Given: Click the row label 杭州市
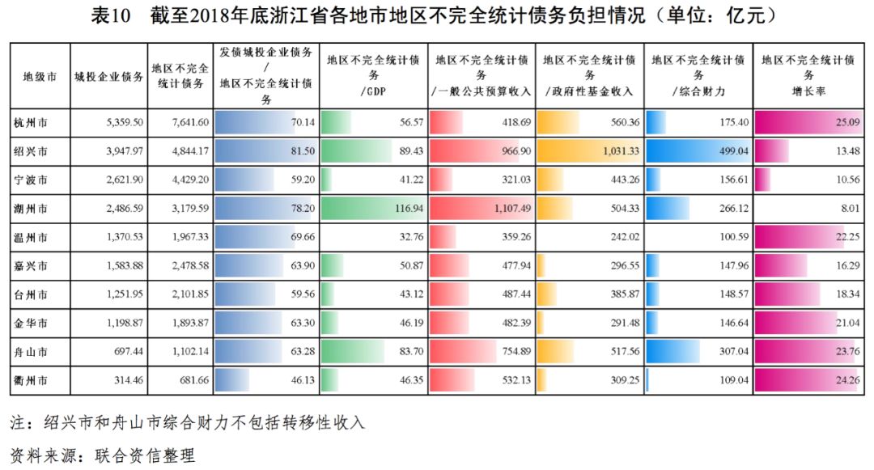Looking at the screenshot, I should point(31,123).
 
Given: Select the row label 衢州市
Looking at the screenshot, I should point(31,379).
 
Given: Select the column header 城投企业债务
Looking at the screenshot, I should point(109,77).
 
